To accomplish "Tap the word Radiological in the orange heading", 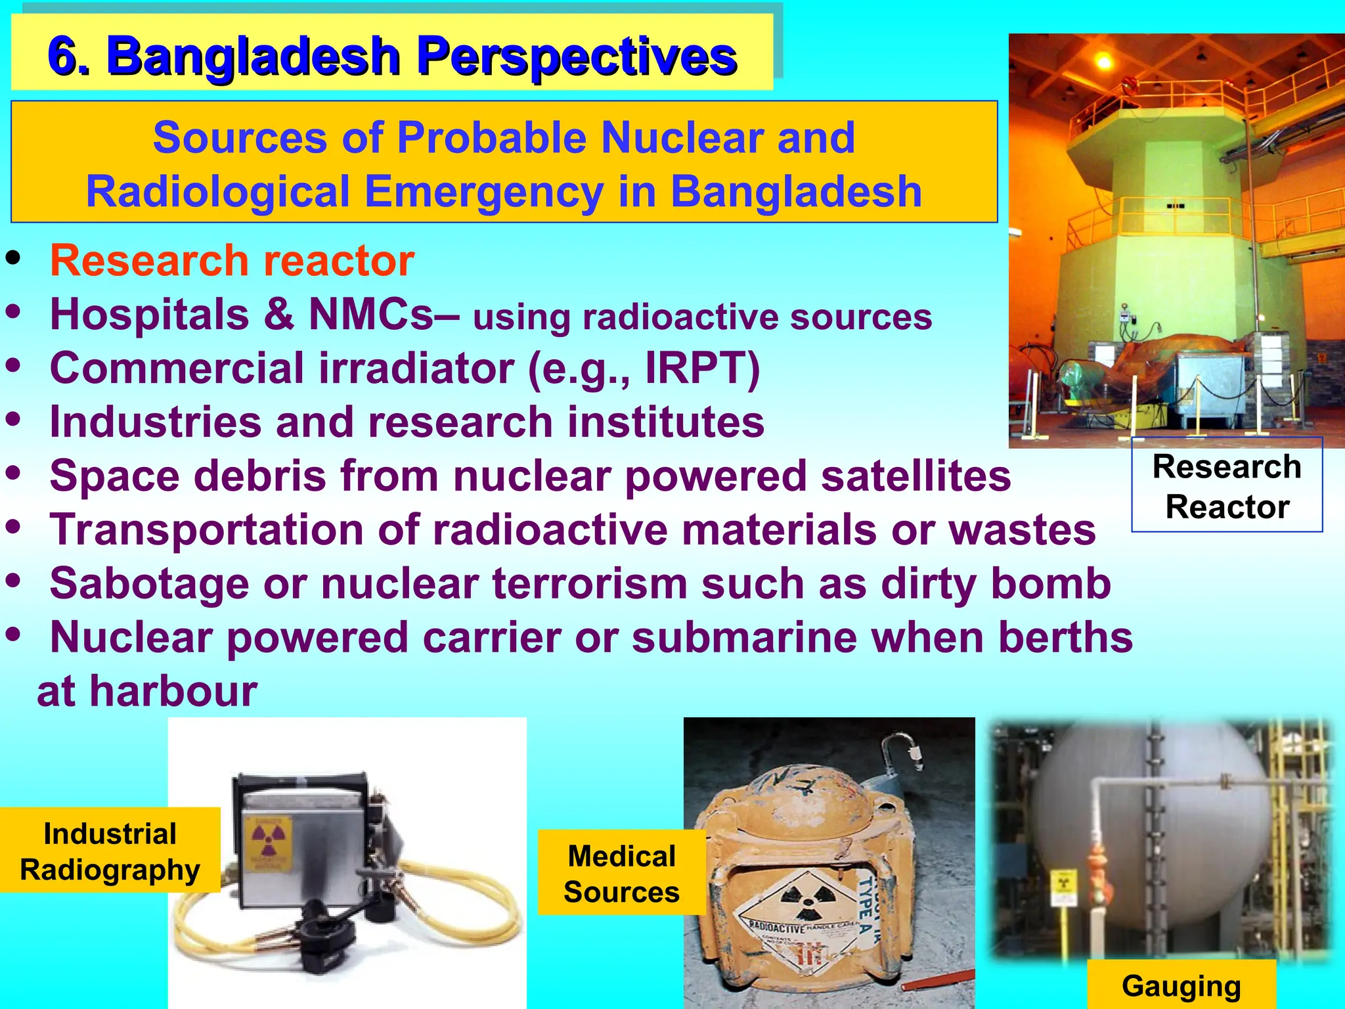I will click(x=217, y=192).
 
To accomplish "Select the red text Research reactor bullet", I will click(x=232, y=261).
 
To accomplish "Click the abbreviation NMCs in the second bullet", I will click(x=371, y=314).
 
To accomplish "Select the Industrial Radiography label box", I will click(x=110, y=850).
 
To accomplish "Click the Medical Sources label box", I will click(x=621, y=873).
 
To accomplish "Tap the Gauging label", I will click(x=1181, y=985).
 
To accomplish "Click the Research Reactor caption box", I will click(x=1226, y=486).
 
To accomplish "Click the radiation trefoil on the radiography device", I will click(x=269, y=838).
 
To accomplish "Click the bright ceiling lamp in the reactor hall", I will click(x=1105, y=62).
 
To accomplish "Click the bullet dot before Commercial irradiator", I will click(x=13, y=365).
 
